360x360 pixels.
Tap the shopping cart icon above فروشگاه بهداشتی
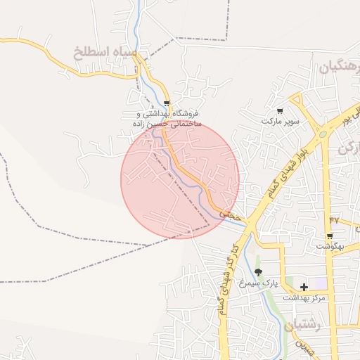click(167, 103)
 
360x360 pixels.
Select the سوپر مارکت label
click(281, 121)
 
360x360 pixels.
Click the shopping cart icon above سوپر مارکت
click(280, 110)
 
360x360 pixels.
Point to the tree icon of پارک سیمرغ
click(258, 272)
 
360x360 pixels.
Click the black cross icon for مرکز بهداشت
click(304, 287)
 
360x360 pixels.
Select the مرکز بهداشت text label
click(304, 298)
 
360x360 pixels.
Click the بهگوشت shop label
click(330, 246)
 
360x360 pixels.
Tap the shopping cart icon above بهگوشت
click(329, 236)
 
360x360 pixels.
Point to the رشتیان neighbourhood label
click(304, 326)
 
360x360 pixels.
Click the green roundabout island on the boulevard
click(322, 134)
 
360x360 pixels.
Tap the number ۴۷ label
click(333, 220)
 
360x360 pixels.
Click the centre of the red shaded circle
click(180, 179)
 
